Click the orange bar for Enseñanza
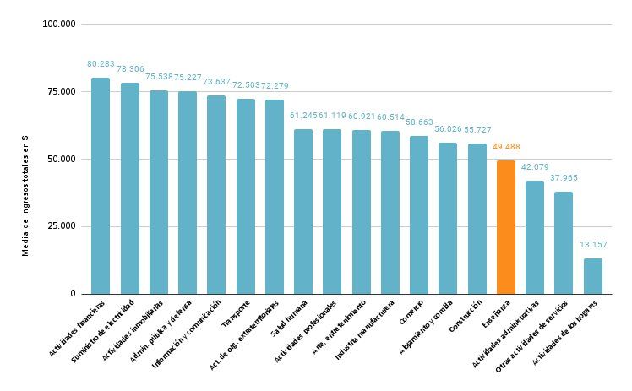(x=505, y=227)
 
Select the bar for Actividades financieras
(x=101, y=186)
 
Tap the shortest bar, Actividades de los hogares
(x=592, y=276)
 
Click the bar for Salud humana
(x=303, y=211)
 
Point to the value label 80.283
(x=101, y=64)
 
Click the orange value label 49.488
(x=505, y=147)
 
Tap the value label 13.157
(x=592, y=245)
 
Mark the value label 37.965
(x=564, y=178)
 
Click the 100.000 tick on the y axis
(x=58, y=24)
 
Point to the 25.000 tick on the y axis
(x=61, y=226)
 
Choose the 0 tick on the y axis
(x=73, y=294)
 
